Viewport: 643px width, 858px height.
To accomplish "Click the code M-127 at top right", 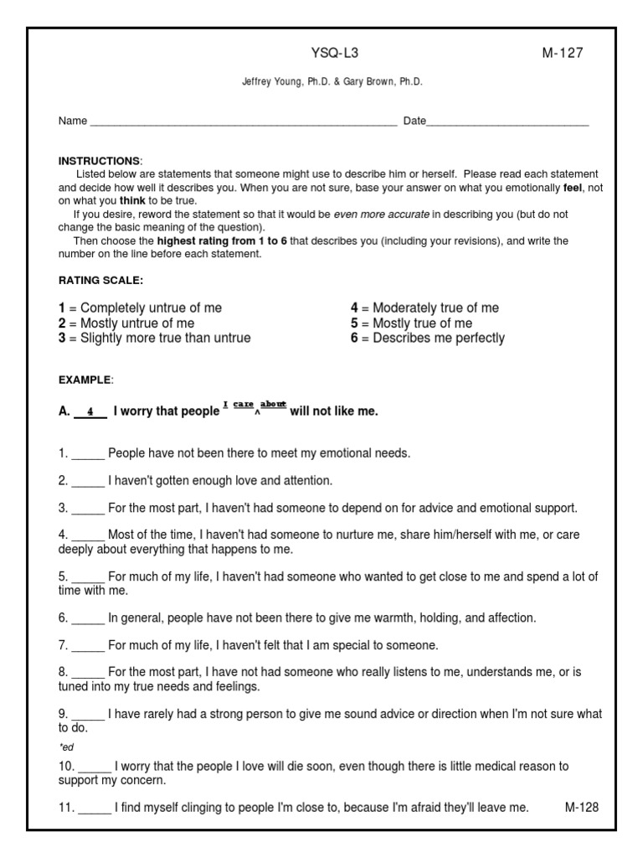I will [x=563, y=54].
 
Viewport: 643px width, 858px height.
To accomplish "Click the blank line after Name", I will [x=243, y=122].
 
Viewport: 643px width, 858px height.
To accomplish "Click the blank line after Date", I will [x=507, y=122].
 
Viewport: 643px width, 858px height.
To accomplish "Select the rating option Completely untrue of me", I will [x=151, y=308].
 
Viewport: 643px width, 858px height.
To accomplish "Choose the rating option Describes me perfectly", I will [x=438, y=339].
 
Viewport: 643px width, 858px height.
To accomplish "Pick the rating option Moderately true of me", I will [x=435, y=308].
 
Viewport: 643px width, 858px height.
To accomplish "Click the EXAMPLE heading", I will [x=85, y=380].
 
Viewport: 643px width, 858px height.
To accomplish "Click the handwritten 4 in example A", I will [x=90, y=412].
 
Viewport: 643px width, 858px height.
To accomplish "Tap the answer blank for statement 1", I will [x=88, y=454].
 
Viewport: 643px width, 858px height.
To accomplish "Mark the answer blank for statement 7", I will [x=88, y=646].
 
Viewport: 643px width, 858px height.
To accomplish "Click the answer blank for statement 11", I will [x=95, y=809].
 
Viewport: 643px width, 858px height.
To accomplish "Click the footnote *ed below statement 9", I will [x=66, y=747].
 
